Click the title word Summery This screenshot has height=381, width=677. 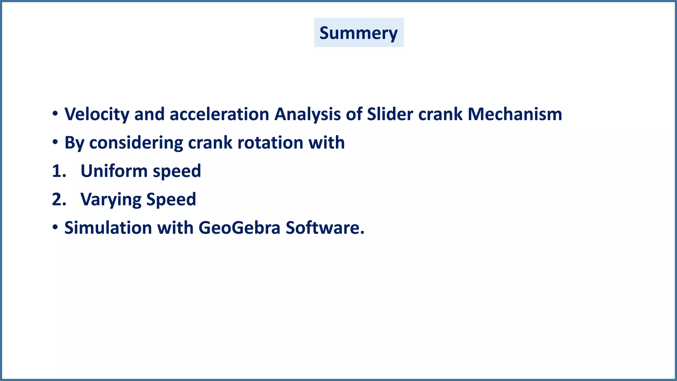pyautogui.click(x=358, y=33)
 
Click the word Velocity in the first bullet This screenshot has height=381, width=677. pyautogui.click(x=97, y=114)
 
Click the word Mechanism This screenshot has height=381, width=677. pyautogui.click(x=515, y=114)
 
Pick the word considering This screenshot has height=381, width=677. pyautogui.click(x=136, y=143)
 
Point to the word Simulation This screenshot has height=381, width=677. pyautogui.click(x=108, y=228)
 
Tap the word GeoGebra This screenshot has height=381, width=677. pyautogui.click(x=239, y=228)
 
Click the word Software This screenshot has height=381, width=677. pyautogui.click(x=325, y=228)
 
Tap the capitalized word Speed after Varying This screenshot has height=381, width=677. pyautogui.click(x=171, y=200)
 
